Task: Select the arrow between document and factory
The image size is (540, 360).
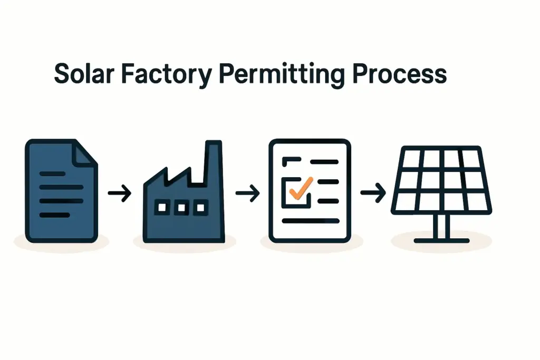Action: tap(119, 194)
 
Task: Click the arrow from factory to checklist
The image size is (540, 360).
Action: tap(247, 194)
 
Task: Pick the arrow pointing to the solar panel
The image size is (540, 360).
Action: tap(373, 194)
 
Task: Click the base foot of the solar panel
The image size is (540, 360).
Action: tap(441, 241)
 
